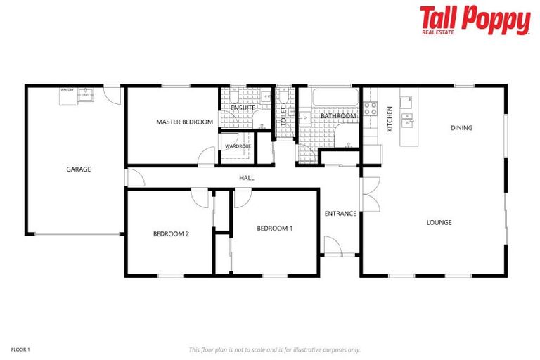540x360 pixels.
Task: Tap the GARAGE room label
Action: click(x=78, y=169)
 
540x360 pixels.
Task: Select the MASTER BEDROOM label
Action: click(x=184, y=122)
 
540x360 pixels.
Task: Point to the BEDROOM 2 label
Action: click(x=171, y=234)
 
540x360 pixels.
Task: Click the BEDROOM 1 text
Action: click(x=274, y=228)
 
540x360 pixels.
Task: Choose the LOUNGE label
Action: click(x=439, y=223)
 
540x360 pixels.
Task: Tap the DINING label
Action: click(x=461, y=128)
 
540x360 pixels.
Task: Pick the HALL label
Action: click(x=246, y=178)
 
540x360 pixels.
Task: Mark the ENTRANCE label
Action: click(x=340, y=214)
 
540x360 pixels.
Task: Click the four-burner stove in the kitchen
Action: click(x=370, y=109)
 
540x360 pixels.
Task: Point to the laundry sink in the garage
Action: click(x=87, y=94)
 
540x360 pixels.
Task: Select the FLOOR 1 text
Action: click(x=20, y=349)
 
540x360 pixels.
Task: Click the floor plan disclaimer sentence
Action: click(x=274, y=349)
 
